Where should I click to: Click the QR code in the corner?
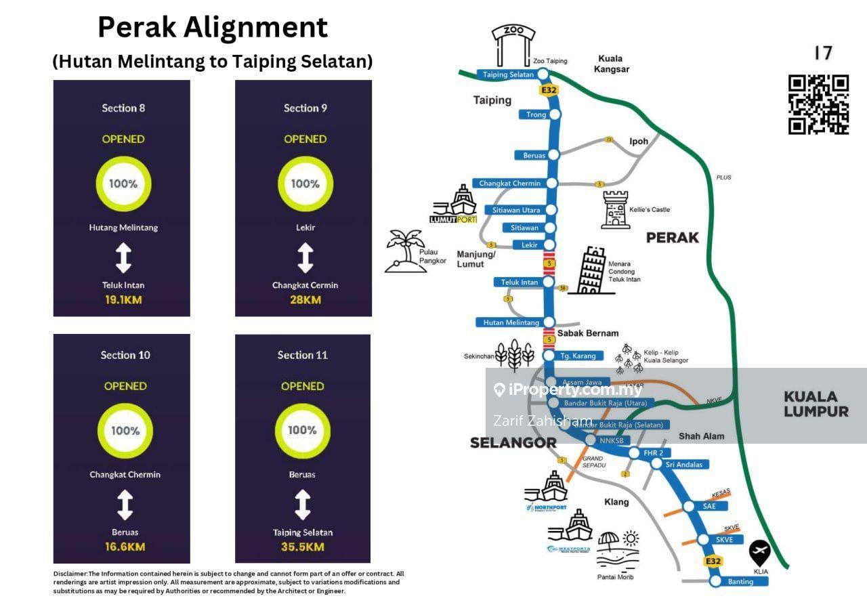818,104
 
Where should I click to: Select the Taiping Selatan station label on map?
509,75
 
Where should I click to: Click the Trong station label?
536,114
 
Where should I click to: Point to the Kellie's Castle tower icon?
615,209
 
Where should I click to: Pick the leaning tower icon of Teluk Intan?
589,270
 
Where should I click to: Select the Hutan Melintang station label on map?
511,322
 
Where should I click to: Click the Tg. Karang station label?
578,356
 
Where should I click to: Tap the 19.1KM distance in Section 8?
123,299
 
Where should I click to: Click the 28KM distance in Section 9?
305,299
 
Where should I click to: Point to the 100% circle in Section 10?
125,431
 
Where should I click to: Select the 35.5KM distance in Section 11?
302,547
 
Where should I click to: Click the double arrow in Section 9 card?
305,258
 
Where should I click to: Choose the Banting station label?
740,582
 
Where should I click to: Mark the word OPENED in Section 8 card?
123,139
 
